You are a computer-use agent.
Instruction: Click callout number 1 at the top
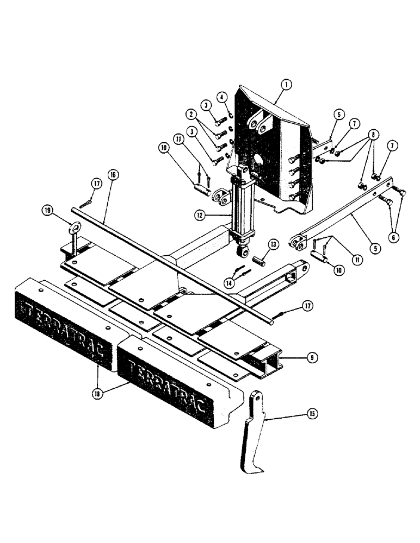[x=287, y=84]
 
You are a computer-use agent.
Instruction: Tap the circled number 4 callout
[x=222, y=97]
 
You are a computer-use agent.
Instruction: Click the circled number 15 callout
[x=312, y=414]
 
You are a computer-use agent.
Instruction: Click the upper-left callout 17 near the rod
[x=96, y=184]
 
